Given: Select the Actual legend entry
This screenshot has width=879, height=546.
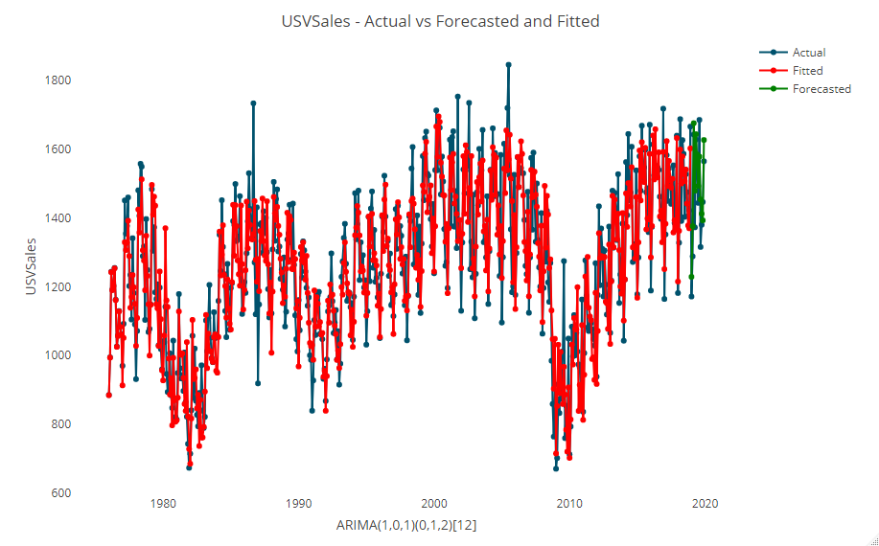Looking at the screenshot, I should (x=808, y=53).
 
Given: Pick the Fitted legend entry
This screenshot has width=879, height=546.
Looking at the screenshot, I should (x=807, y=71).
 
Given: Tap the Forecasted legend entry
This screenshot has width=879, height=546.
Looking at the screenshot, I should (x=821, y=89).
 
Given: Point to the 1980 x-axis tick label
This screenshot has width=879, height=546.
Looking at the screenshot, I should (x=163, y=504).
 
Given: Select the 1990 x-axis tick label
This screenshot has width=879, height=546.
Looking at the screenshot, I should (x=299, y=504).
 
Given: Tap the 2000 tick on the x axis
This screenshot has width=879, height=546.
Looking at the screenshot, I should (x=434, y=504).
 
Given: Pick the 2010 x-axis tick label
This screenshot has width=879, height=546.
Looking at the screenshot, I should (x=569, y=504).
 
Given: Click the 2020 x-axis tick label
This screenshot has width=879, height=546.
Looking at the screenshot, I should (x=706, y=504).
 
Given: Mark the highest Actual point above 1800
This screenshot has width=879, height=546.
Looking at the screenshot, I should (x=508, y=65).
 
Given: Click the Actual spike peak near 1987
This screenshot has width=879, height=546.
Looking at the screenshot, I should (x=253, y=103).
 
